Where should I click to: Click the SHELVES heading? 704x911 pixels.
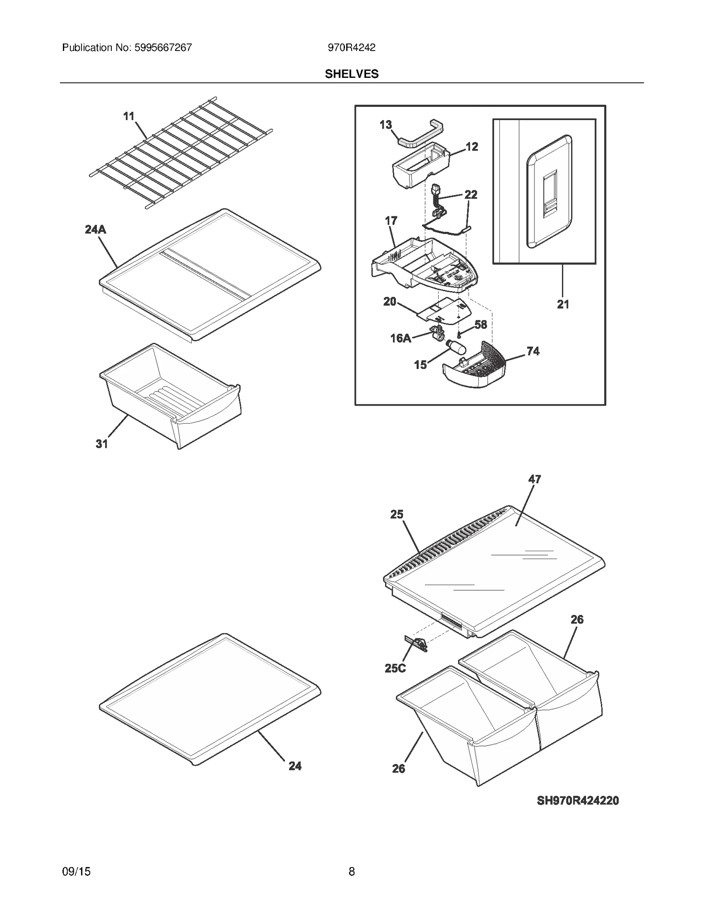click(352, 74)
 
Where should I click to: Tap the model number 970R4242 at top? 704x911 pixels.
click(352, 48)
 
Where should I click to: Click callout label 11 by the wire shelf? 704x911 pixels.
click(128, 116)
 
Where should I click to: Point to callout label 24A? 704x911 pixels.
click(95, 229)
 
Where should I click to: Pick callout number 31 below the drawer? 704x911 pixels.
click(102, 444)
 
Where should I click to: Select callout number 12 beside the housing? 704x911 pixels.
click(472, 146)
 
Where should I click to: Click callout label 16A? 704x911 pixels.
click(401, 338)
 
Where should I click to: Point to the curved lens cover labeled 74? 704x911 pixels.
click(475, 369)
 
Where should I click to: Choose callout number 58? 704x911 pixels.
click(480, 325)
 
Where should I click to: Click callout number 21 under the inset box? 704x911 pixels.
click(563, 304)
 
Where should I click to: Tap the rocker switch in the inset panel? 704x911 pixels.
click(550, 194)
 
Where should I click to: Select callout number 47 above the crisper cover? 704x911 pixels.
click(535, 479)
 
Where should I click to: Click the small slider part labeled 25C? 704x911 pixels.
click(416, 644)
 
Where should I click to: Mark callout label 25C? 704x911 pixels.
click(395, 668)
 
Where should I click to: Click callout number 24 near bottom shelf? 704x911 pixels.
click(295, 766)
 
